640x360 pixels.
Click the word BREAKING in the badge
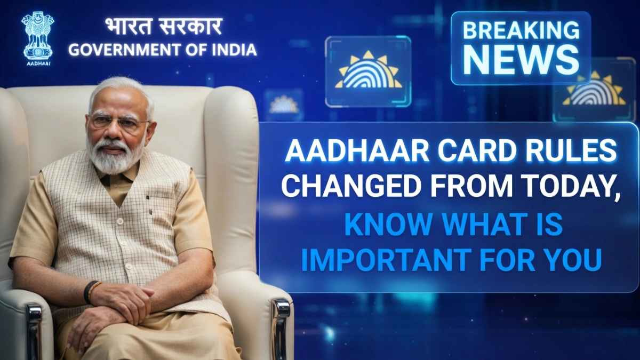521,30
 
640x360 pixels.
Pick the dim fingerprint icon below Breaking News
595,91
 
